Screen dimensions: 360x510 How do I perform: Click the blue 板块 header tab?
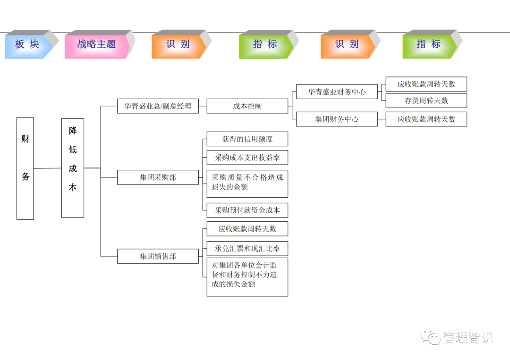(x=27, y=44)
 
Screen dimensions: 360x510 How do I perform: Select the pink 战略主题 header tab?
(x=96, y=44)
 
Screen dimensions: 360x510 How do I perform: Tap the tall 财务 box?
(x=25, y=168)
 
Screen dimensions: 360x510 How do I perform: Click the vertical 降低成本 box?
(x=73, y=168)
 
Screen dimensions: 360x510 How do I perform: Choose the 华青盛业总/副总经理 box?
(x=158, y=106)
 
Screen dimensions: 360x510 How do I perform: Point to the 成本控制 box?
(x=247, y=106)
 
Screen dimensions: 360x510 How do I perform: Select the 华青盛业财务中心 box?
(x=337, y=92)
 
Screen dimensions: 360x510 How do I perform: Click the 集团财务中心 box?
(x=337, y=119)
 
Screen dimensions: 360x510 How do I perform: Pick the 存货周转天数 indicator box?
(x=426, y=100)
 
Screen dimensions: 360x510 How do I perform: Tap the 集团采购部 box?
(x=158, y=177)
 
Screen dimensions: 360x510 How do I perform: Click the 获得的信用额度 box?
(x=247, y=139)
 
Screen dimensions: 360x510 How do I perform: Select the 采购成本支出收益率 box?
(x=247, y=158)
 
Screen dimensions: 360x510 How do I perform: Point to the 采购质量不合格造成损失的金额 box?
(x=247, y=184)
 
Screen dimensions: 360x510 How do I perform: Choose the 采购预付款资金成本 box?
(x=247, y=210)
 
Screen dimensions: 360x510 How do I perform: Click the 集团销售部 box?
(x=158, y=256)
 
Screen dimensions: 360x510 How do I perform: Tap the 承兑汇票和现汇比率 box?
(x=247, y=248)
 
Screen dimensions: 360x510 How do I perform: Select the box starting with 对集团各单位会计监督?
(x=247, y=276)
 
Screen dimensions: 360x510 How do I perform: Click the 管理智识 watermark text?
(x=467, y=337)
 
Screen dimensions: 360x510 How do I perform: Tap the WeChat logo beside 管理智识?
(x=431, y=337)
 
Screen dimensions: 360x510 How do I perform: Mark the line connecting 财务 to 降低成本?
(x=47, y=168)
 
